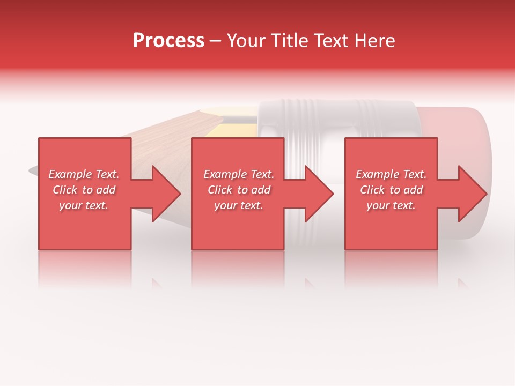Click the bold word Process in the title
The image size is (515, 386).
pyautogui.click(x=168, y=41)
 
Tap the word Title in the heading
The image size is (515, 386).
pyautogui.click(x=290, y=41)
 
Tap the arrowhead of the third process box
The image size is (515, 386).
pyautogui.click(x=472, y=194)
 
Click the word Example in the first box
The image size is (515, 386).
pyautogui.click(x=70, y=174)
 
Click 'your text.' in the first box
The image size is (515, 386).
pyautogui.click(x=84, y=205)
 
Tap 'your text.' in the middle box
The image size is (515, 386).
pyautogui.click(x=238, y=205)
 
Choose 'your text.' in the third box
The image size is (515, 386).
pyautogui.click(x=391, y=205)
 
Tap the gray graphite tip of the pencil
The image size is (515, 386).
pyautogui.click(x=33, y=171)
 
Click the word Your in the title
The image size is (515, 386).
pyautogui.click(x=246, y=41)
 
